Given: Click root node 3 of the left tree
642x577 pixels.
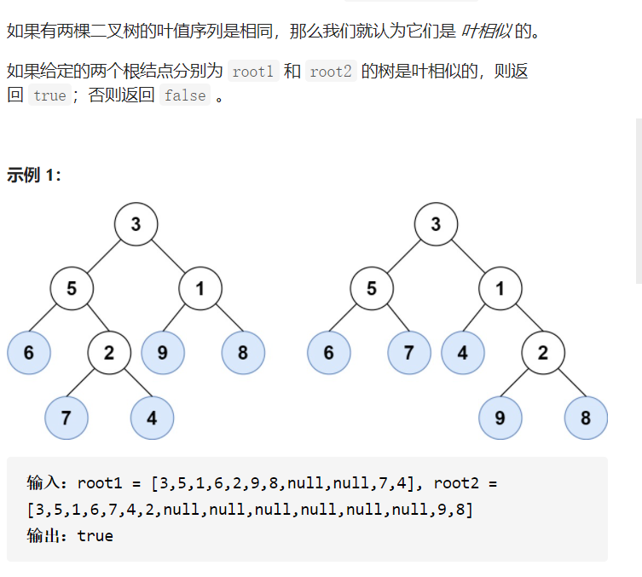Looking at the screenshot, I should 136,224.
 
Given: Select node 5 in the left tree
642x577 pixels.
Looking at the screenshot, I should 72,288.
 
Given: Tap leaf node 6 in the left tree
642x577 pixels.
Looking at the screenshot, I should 28,352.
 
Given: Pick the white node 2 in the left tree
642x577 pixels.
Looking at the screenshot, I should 109,352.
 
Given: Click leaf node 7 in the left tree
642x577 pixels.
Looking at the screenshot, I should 66,418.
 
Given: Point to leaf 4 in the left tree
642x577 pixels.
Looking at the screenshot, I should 152,418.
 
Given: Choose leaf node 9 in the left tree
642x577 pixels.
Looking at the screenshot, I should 163,352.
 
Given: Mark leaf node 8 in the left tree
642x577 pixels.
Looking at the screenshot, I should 243,352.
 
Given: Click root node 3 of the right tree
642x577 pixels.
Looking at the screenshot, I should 436,224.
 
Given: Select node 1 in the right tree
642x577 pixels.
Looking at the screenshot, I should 500,288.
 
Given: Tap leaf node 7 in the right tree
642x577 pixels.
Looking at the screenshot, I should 408,352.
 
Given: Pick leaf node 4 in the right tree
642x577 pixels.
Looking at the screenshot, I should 463,352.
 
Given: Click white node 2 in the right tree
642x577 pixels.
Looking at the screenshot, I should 543,352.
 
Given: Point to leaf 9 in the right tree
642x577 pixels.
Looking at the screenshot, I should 500,418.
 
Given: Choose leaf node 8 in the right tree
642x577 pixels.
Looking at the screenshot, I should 586,418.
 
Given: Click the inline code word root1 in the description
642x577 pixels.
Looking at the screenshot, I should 252,72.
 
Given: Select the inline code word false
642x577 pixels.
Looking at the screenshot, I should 185,95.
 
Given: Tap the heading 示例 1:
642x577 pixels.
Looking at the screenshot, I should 34,175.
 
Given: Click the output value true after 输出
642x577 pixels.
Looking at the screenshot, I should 95,536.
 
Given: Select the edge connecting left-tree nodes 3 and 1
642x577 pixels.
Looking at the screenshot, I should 168,257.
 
